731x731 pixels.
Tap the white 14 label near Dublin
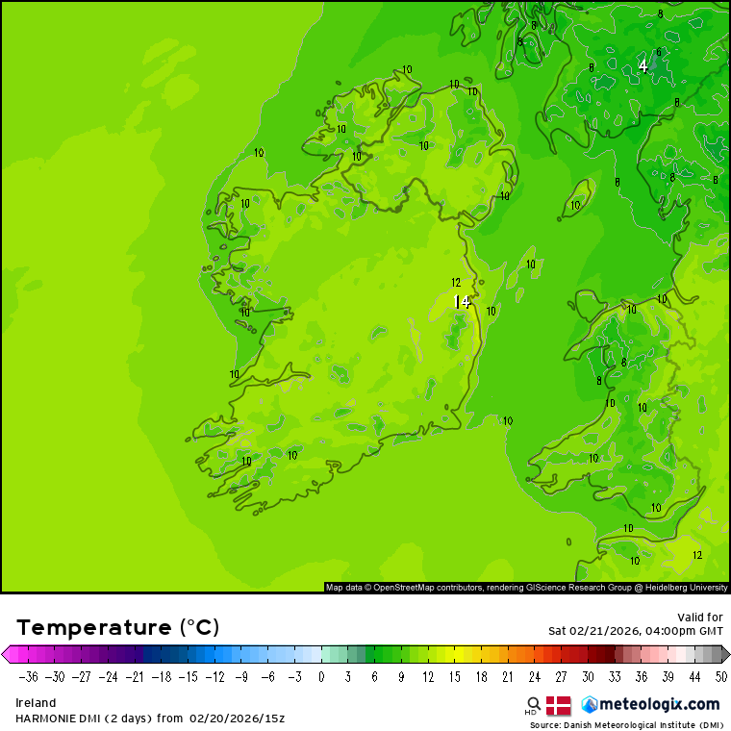[463, 302]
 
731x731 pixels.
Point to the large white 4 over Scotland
[643, 66]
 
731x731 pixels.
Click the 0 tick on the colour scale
[321, 676]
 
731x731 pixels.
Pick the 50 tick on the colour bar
[721, 676]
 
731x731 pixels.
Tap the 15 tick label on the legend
[452, 676]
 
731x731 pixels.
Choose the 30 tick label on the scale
[588, 676]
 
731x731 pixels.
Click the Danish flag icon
[558, 705]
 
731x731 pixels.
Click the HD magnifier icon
[533, 705]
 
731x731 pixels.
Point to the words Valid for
[702, 617]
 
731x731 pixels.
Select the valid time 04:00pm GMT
[676, 631]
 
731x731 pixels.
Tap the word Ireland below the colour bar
[36, 703]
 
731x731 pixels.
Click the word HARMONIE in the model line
[47, 718]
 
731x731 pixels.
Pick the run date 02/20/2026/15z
[237, 718]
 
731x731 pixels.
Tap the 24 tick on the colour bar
[534, 676]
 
